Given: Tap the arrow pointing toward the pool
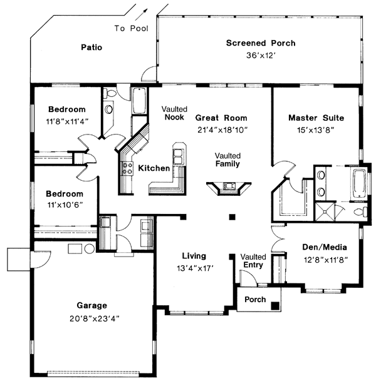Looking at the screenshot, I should (x=145, y=11).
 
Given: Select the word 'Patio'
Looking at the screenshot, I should (x=91, y=47).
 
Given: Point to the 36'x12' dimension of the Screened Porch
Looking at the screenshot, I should (x=261, y=55).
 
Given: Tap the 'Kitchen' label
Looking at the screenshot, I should (x=154, y=168).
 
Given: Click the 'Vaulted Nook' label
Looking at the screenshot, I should (x=175, y=113).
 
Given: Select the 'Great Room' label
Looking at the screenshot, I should (x=221, y=118).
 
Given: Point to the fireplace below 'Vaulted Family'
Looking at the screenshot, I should (x=229, y=186).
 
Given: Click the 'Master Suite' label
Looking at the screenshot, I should (x=316, y=118).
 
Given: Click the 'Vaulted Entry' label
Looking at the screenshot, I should (x=253, y=261).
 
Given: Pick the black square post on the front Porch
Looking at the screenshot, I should (x=274, y=305).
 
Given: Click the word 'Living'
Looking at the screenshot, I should (x=194, y=256).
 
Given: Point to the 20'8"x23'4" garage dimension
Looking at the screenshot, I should (x=91, y=318).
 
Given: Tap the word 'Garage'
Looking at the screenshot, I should (x=91, y=306).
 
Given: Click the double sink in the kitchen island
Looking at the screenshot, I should (x=179, y=155).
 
